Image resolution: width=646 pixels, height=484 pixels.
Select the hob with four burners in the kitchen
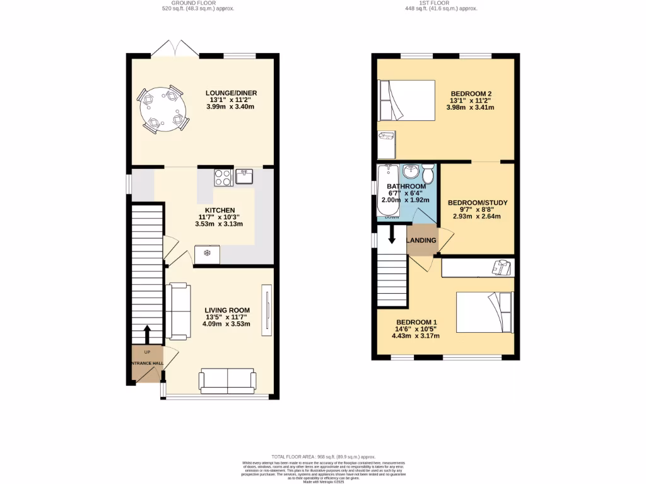223,178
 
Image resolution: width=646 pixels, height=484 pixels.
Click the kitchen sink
244,176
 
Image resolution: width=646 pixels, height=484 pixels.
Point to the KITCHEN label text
220,210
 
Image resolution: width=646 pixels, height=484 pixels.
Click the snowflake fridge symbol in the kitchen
207,254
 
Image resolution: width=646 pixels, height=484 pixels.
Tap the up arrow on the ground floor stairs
148,334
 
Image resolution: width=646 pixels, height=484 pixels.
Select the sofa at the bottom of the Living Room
227,379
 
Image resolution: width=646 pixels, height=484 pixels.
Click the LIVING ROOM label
226,310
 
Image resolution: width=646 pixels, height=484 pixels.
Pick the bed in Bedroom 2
407,100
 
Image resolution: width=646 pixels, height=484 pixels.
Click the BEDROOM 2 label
470,93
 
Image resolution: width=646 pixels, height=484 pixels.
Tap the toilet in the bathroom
428,172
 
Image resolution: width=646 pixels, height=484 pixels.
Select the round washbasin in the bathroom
411,171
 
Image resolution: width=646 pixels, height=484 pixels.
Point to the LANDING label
421,240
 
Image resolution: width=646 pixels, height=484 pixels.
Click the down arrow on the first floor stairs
391,234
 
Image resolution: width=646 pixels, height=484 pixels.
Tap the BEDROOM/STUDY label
477,203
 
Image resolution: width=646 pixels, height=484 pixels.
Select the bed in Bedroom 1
484,311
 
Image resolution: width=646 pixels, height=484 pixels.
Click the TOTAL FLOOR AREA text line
323,457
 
